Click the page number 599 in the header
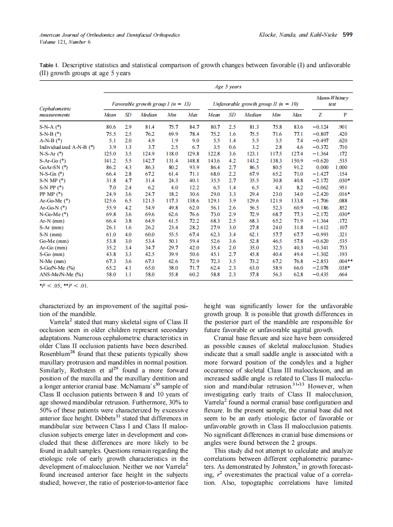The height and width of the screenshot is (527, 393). [x=348, y=34]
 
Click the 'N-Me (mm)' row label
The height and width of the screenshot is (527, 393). [x=52, y=261]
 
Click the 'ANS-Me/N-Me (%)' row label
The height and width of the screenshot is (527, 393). [x=61, y=274]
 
